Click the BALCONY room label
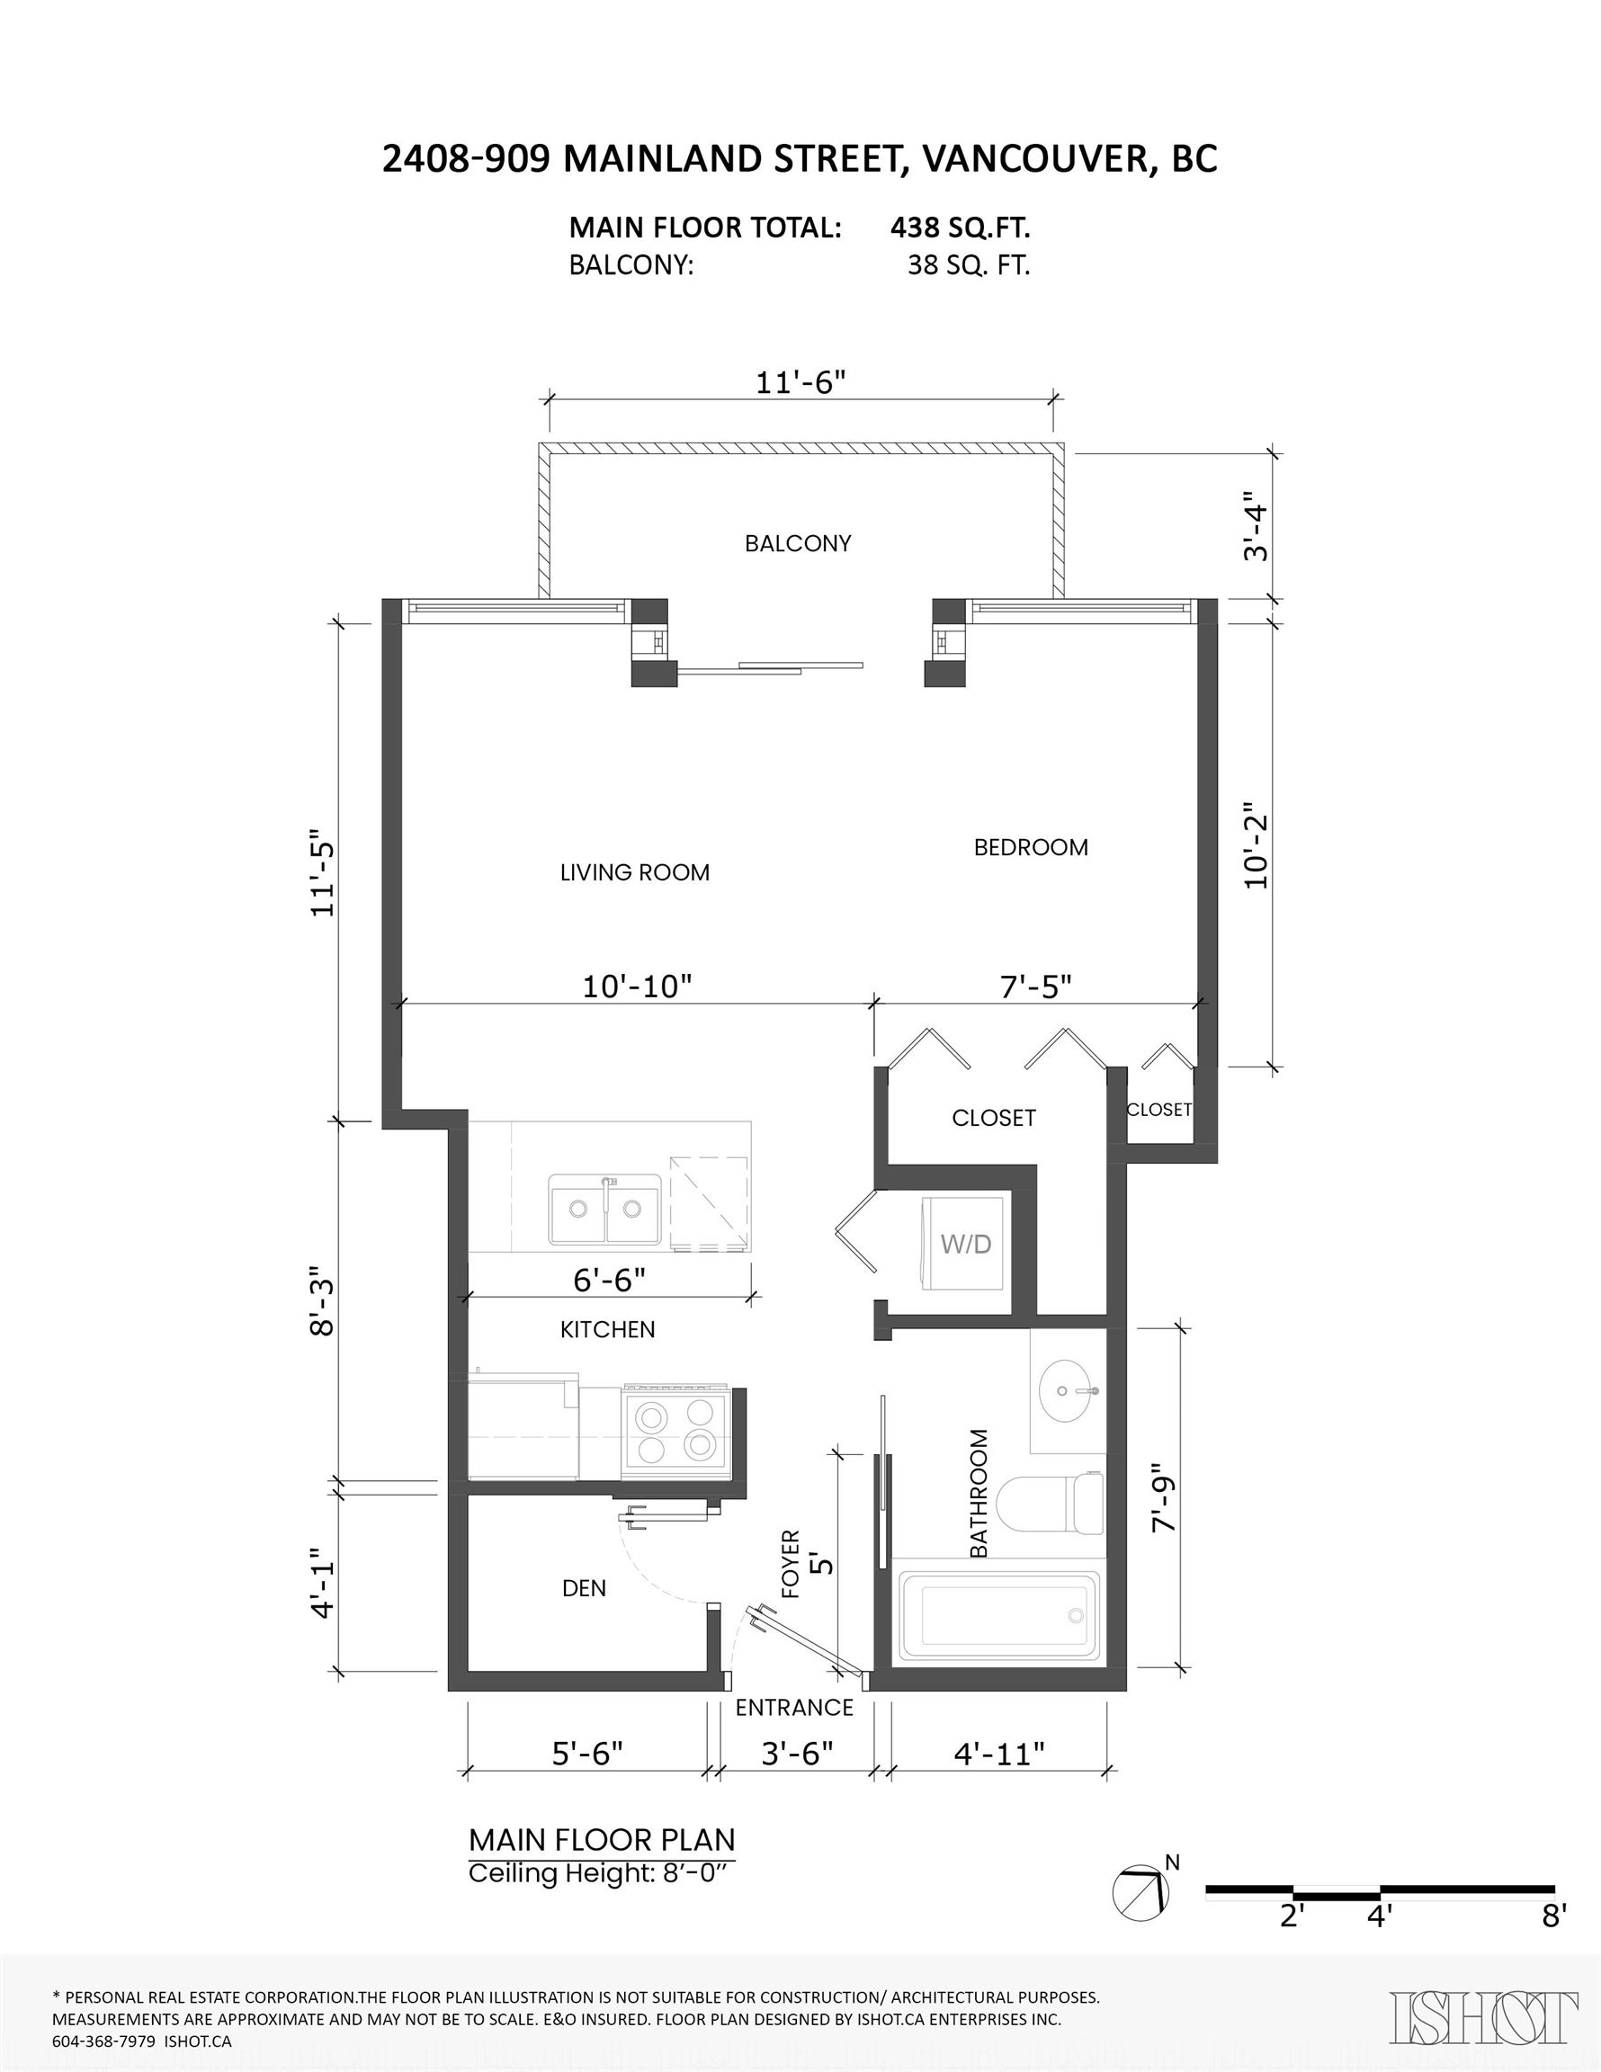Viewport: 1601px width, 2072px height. point(797,543)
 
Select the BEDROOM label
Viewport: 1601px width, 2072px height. point(1031,847)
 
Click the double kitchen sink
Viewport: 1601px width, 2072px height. point(604,1209)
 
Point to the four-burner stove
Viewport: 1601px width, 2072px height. point(675,1432)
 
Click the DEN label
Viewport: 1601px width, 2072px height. point(584,1588)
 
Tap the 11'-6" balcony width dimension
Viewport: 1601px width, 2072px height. point(800,382)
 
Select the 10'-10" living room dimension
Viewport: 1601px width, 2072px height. point(637,987)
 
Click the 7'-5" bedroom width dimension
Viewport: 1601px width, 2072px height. point(1035,987)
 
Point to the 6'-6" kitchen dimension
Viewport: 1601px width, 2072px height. point(609,1280)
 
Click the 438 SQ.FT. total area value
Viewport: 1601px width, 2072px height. point(961,228)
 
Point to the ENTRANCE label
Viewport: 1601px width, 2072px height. point(794,1708)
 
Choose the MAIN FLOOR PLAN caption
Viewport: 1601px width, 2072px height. point(603,1841)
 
